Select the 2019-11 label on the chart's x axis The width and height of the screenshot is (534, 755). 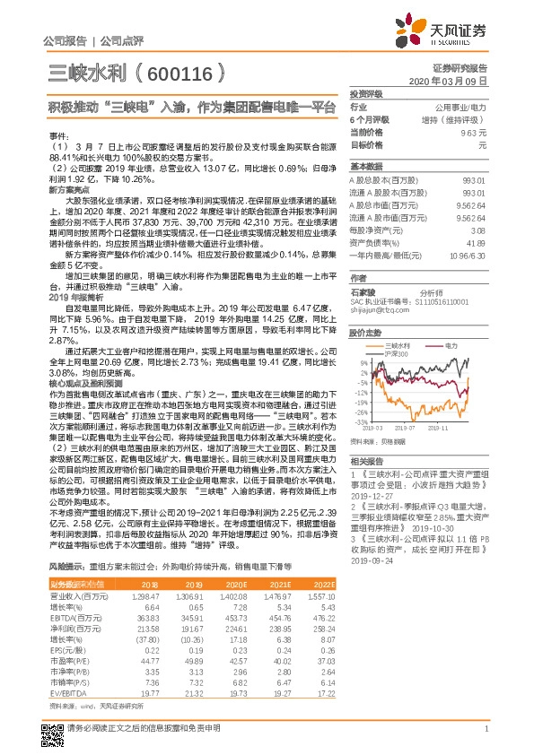tap(463, 429)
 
